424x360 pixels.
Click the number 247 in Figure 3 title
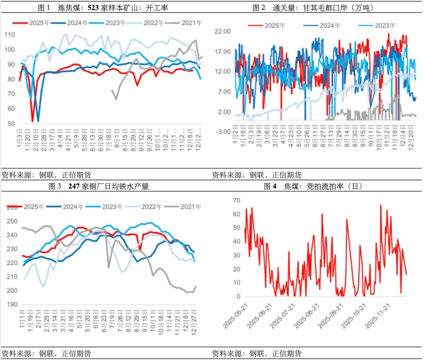click(x=74, y=187)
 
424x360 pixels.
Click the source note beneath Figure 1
click(x=46, y=175)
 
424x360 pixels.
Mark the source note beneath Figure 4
click(x=256, y=353)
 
